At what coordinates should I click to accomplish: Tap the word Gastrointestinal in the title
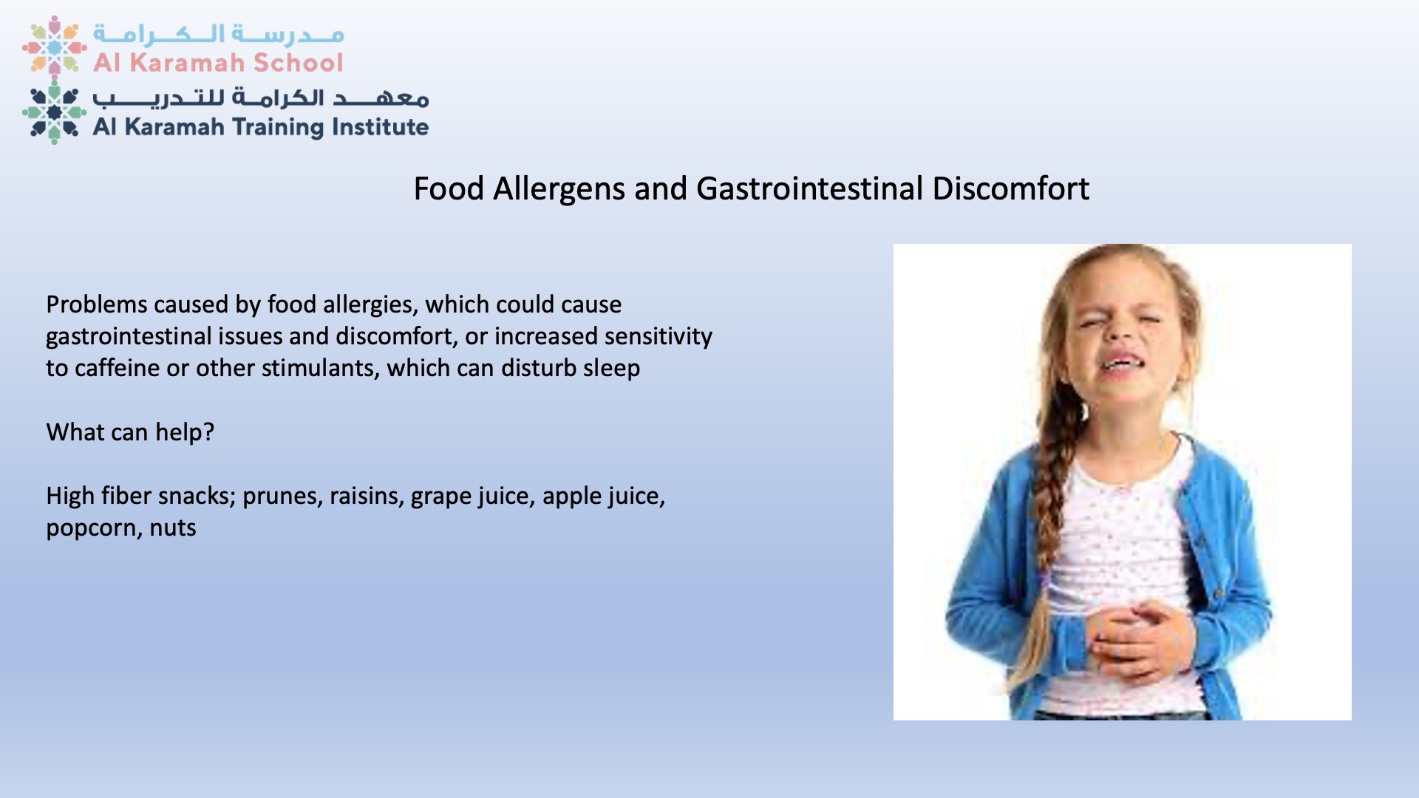[809, 189]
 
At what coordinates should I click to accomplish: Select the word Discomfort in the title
[1010, 188]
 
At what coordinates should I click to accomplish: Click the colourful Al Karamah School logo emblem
[54, 47]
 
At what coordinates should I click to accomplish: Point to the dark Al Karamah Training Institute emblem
[54, 112]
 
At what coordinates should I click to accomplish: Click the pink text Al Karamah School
[218, 63]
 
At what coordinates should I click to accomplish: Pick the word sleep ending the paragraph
[611, 369]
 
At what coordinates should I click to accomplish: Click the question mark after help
[208, 432]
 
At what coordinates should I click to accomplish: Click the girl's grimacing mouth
[1120, 363]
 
